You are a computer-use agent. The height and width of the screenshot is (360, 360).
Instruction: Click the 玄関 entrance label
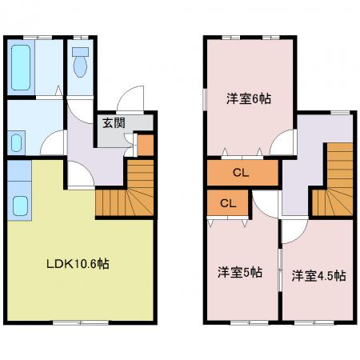pyautogui.click(x=114, y=123)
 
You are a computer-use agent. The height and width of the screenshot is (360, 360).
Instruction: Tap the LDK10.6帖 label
pyautogui.click(x=78, y=264)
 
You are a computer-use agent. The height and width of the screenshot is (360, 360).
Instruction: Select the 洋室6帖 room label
pyautogui.click(x=249, y=99)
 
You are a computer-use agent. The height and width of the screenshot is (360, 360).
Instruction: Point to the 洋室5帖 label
pyautogui.click(x=240, y=272)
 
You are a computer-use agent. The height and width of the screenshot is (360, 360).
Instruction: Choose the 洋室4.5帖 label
pyautogui.click(x=319, y=276)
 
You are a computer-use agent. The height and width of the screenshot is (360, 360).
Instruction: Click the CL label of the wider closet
pyautogui.click(x=241, y=173)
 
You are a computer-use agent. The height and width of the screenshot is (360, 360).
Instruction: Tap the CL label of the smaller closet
pyautogui.click(x=228, y=204)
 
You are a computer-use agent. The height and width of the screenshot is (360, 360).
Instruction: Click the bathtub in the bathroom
pyautogui.click(x=21, y=67)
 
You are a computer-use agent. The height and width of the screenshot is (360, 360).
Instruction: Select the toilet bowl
pyautogui.click(x=80, y=67)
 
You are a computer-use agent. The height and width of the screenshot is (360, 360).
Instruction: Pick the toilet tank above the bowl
pyautogui.click(x=80, y=52)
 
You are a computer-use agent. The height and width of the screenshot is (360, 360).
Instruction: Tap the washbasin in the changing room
pyautogui.click(x=16, y=142)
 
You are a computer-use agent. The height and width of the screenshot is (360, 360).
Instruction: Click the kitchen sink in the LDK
pyautogui.click(x=20, y=206)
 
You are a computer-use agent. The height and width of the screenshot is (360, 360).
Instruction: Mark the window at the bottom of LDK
pyautogui.click(x=81, y=322)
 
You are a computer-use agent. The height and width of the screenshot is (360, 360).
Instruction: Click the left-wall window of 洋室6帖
pyautogui.click(x=205, y=99)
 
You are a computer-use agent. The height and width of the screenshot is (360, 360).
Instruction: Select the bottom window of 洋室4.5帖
pyautogui.click(x=314, y=322)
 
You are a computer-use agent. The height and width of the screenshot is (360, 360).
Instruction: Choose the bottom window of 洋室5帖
pyautogui.click(x=250, y=322)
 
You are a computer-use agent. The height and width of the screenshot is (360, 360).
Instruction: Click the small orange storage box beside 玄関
pyautogui.click(x=146, y=145)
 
